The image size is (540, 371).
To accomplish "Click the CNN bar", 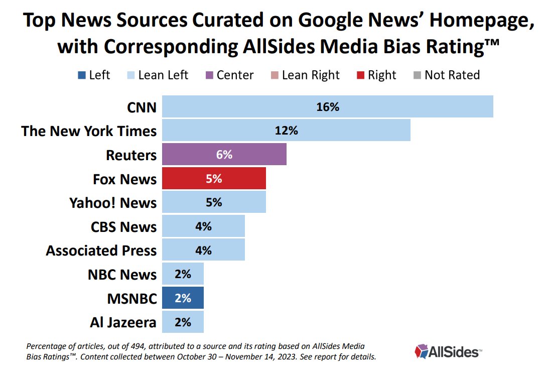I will pos(328,107).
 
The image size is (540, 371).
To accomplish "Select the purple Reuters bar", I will pos(224,155).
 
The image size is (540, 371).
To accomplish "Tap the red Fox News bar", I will pos(214,179).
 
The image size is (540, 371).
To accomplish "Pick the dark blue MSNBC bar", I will pos(183,298).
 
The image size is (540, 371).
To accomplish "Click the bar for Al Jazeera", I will pos(183,322).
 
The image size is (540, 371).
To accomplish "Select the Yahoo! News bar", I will pos(214,203).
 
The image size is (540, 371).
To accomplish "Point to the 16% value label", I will pos(328,107).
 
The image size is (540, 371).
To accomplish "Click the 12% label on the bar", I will pos(287,131).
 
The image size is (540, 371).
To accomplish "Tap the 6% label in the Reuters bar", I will pos(224,155).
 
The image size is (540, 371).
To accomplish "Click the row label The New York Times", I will pos(89,131).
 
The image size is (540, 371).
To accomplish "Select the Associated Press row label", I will pos(101,251).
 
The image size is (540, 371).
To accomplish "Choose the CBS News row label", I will pos(123,226).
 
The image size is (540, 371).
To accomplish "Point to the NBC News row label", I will pos(122,275).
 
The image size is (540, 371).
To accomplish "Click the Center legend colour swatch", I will pos(208,75).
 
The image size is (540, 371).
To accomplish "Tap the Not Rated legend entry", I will pos(452,75).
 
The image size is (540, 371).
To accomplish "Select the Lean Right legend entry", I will pos(311,75).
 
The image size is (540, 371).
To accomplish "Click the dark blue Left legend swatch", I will pos(80,75).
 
